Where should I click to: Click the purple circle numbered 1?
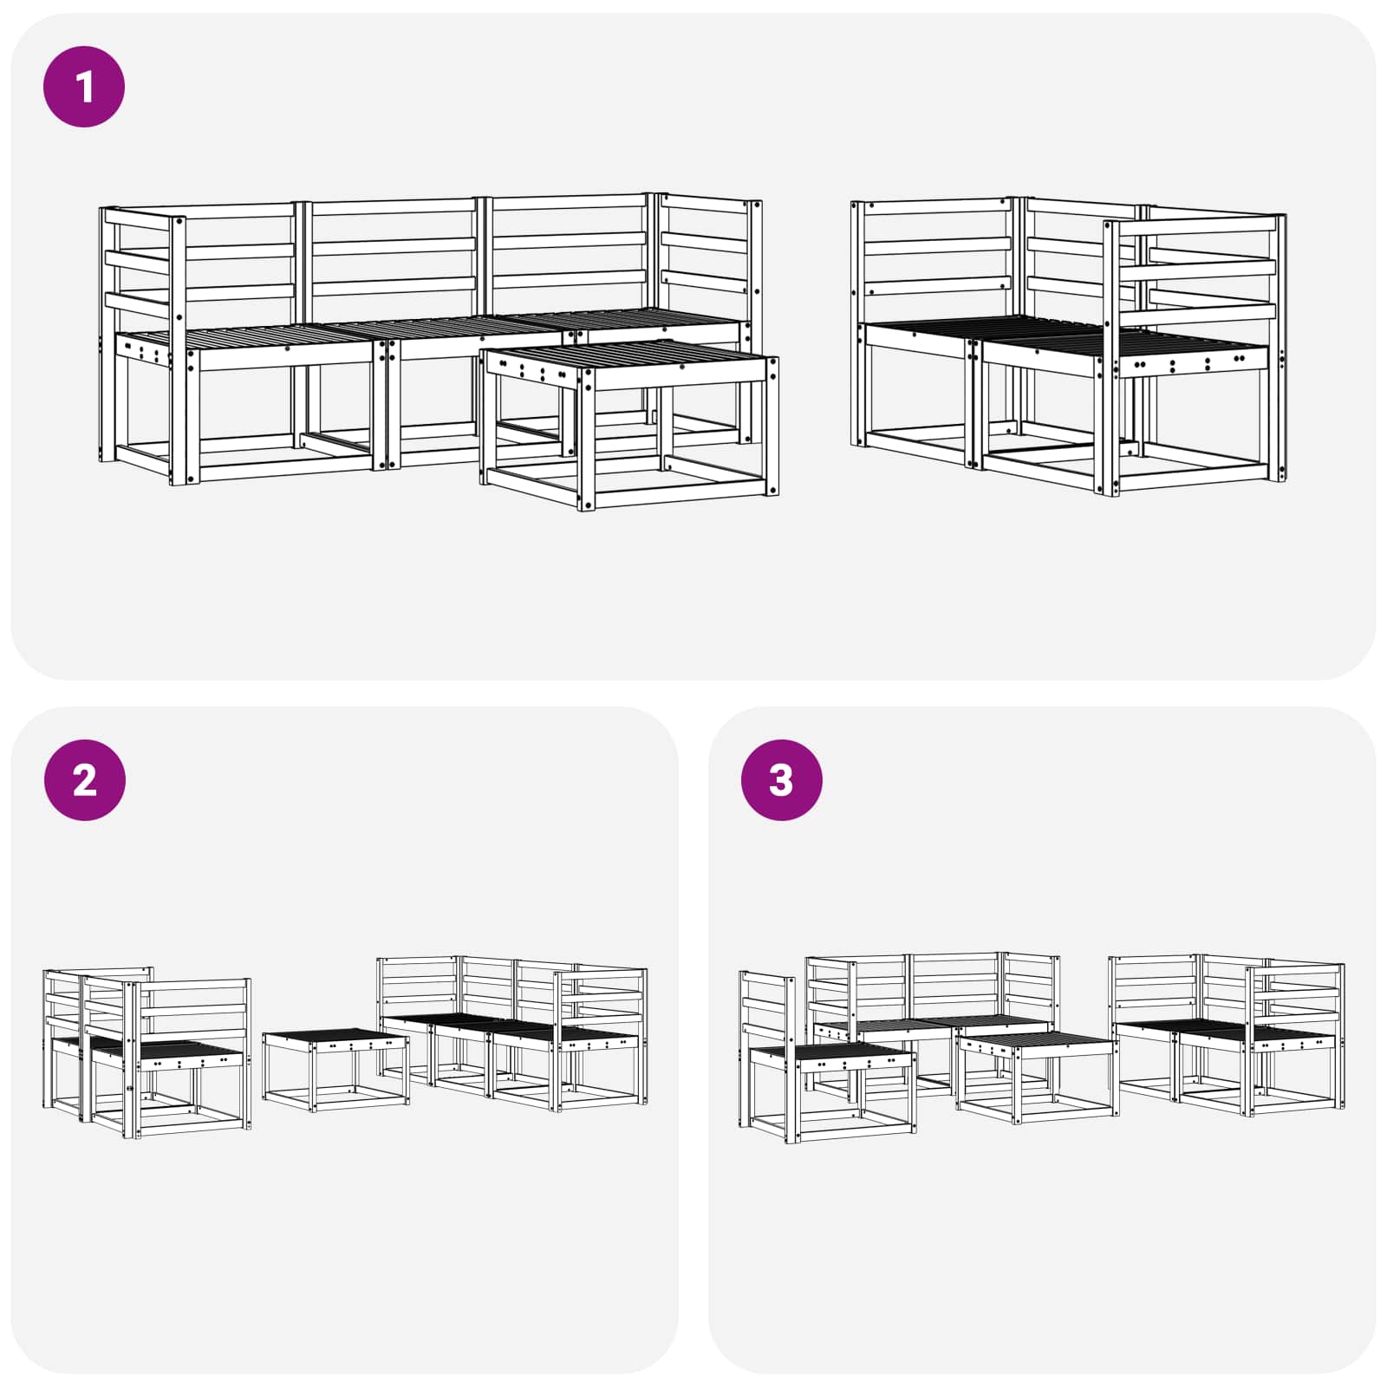(x=84, y=87)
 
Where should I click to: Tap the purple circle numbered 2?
(x=84, y=779)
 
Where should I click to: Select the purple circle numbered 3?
(x=781, y=779)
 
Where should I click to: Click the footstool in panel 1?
(x=630, y=424)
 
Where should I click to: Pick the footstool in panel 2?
(x=336, y=1070)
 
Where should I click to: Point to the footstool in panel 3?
(x=1037, y=1078)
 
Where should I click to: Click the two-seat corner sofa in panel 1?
(x=1069, y=346)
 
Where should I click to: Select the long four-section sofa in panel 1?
(x=431, y=338)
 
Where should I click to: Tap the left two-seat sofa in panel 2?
(x=147, y=1052)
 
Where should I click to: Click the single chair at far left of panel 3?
(x=826, y=1058)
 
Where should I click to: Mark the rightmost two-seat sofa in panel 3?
(x=1227, y=1035)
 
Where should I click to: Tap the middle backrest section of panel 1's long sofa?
(x=394, y=246)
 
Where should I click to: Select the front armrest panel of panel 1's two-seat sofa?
(x=1195, y=355)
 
